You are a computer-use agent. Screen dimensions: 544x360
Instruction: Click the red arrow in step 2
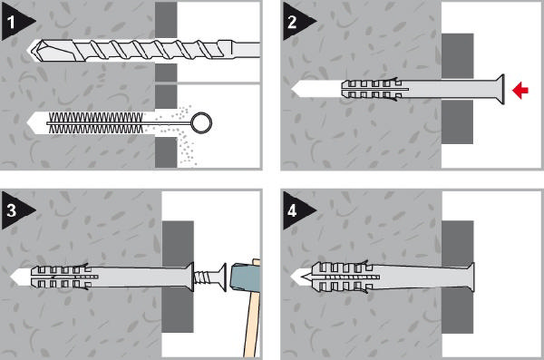[520, 91]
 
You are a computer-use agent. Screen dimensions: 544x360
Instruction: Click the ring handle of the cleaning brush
[201, 122]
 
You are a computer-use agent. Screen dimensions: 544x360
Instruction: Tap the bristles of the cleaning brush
[96, 122]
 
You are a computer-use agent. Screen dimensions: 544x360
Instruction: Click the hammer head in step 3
[244, 277]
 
